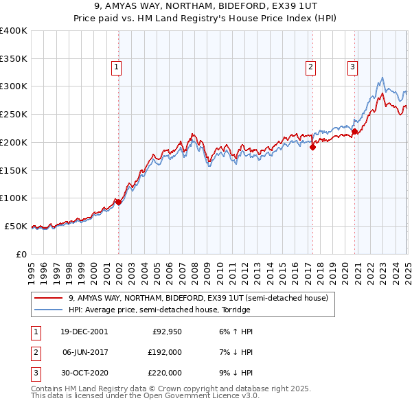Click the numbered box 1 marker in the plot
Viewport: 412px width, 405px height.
click(117, 67)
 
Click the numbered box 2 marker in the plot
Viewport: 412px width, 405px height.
click(311, 67)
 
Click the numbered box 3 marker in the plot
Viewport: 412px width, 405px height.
click(352, 67)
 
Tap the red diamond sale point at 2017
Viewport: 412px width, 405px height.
click(312, 146)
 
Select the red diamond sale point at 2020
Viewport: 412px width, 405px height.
click(355, 131)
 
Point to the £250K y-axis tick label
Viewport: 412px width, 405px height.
click(14, 114)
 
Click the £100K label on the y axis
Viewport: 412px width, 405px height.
click(14, 198)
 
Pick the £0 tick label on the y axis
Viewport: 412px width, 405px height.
click(22, 254)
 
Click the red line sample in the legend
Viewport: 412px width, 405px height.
click(48, 298)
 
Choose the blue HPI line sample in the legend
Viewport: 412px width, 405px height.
click(48, 310)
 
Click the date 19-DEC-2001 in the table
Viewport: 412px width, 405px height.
click(84, 332)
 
